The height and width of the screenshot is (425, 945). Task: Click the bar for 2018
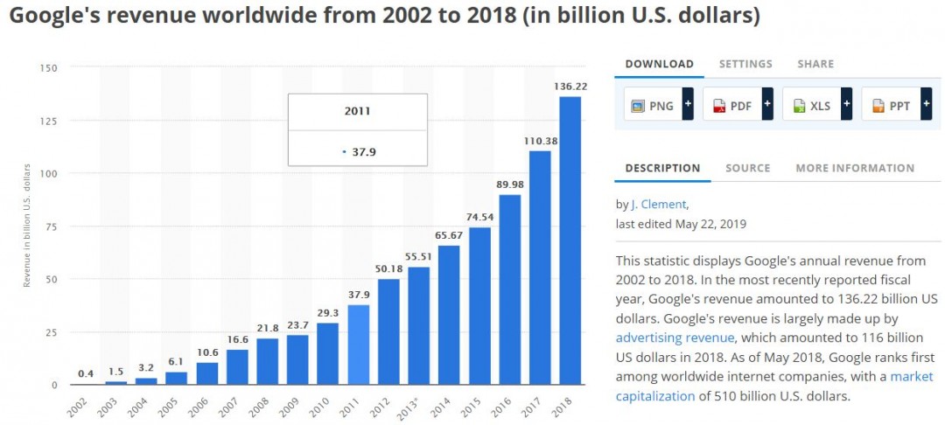570,240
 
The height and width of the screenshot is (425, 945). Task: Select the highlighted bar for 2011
359,345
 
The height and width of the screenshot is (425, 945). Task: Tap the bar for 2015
479,306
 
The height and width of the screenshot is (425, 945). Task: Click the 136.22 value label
570,87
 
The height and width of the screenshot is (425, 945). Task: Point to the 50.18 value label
388,269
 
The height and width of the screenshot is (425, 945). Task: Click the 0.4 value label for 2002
85,374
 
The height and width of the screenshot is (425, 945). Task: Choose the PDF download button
733,106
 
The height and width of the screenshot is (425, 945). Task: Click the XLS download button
812,106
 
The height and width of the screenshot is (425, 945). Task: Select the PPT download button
892,106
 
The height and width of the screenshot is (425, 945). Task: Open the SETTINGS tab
745,64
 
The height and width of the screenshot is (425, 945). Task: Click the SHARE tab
815,64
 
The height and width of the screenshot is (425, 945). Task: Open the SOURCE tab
747,168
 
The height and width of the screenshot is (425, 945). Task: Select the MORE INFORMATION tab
854,168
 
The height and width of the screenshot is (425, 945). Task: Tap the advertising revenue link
675,338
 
